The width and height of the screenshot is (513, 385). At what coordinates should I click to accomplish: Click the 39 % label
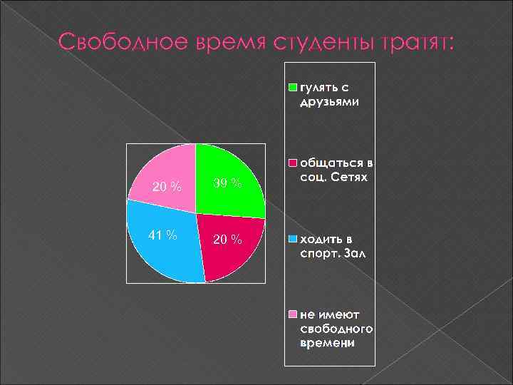click(x=228, y=184)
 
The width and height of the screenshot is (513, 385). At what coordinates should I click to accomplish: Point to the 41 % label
click(x=163, y=235)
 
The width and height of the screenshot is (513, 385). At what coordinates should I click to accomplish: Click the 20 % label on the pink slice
click(x=167, y=187)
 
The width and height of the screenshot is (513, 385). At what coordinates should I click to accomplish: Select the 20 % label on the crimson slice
click(x=228, y=238)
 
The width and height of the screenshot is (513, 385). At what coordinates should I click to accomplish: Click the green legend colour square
click(x=293, y=88)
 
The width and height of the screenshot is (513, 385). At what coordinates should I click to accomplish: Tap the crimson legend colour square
click(x=293, y=161)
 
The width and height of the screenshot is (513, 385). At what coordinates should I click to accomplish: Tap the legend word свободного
click(x=337, y=329)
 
